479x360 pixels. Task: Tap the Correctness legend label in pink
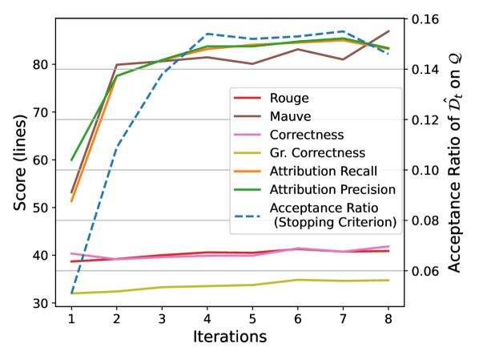[307, 135]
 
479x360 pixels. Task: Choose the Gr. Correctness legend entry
[318, 152]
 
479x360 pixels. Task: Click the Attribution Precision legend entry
[332, 189]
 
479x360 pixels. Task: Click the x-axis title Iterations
[230, 338]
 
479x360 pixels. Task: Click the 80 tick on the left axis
[39, 64]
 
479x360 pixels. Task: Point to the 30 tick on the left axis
[39, 303]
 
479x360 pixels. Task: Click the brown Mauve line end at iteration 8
[388, 31]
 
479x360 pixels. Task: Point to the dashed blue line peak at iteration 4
[207, 34]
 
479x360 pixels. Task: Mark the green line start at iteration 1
[71, 160]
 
